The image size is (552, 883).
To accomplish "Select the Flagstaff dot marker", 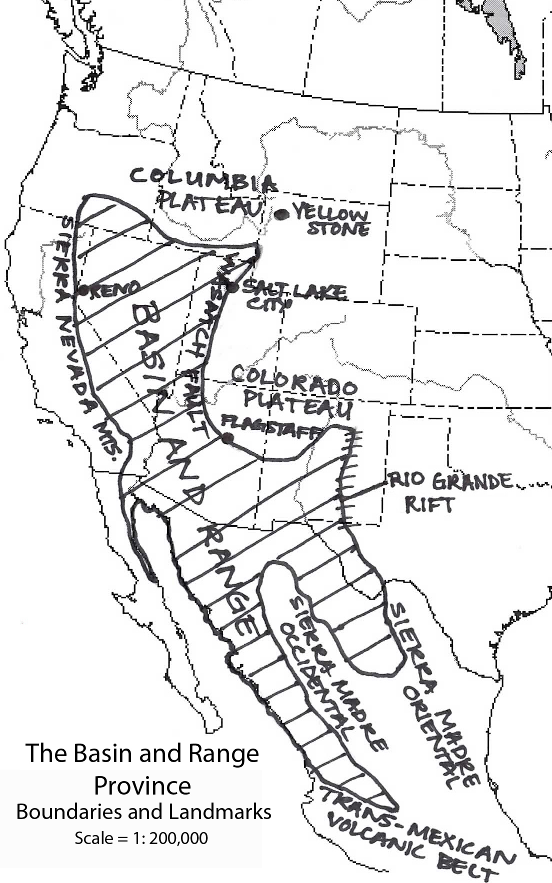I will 227,439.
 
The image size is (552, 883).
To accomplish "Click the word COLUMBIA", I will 202,180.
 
